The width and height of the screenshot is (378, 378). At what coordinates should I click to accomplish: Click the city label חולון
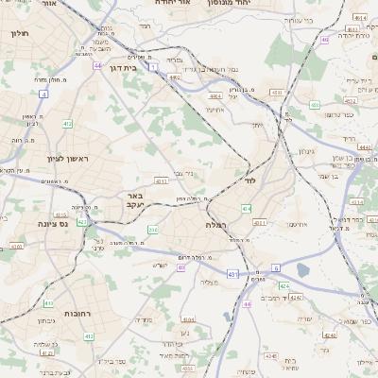coord(20,34)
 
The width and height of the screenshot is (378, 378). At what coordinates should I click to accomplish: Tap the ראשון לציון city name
coord(66,158)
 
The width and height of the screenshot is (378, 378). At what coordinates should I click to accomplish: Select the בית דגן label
coord(137,68)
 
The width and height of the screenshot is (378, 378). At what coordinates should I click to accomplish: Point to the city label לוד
coord(250,180)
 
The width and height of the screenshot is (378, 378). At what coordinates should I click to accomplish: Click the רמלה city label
coord(215,225)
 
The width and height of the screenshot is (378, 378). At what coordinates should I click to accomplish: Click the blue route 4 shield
coord(43,94)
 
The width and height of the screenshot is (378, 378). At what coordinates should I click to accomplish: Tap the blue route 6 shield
coord(275,267)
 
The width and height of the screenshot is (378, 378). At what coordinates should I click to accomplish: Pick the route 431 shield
coord(232,275)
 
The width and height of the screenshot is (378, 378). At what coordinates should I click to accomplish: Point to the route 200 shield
coord(153,230)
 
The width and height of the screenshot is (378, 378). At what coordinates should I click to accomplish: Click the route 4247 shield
coord(296,298)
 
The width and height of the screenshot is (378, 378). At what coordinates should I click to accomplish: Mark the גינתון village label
coord(305,151)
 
